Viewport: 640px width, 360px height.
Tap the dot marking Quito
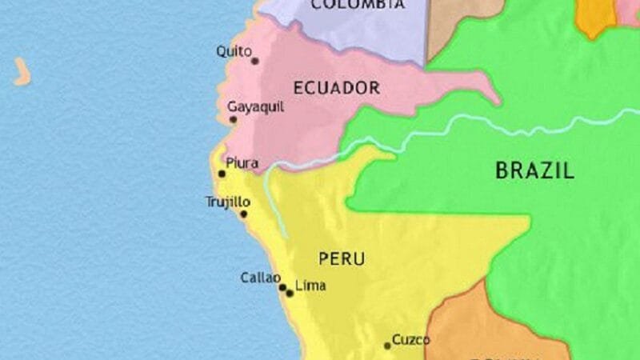pyautogui.click(x=255, y=60)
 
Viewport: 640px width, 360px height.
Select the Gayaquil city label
pyautogui.click(x=251, y=106)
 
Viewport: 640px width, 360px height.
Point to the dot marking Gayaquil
pyautogui.click(x=234, y=120)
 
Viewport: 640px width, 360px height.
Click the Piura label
pyautogui.click(x=242, y=163)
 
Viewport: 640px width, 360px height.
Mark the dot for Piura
pyautogui.click(x=222, y=173)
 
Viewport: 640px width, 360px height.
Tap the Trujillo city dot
pyautogui.click(x=244, y=214)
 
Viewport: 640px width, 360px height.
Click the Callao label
pyautogui.click(x=260, y=278)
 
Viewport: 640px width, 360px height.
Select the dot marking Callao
pyautogui.click(x=282, y=286)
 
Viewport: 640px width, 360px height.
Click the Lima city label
pyautogui.click(x=310, y=285)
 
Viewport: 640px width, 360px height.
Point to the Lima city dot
pyautogui.click(x=290, y=293)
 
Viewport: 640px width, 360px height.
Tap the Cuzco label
pyautogui.click(x=411, y=339)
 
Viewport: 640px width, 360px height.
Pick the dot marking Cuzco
pyautogui.click(x=387, y=346)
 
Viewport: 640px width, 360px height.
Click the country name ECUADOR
pyautogui.click(x=336, y=88)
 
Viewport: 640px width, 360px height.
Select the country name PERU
pyautogui.click(x=342, y=258)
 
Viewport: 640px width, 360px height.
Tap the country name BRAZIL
pyautogui.click(x=534, y=170)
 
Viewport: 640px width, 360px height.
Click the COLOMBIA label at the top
pyautogui.click(x=357, y=5)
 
